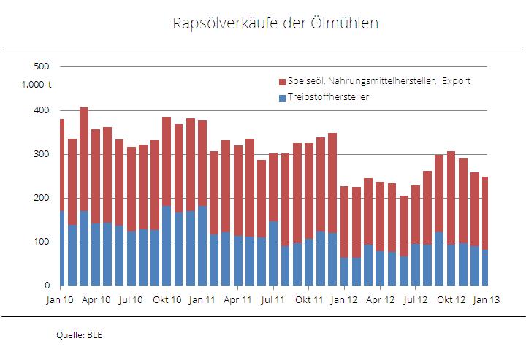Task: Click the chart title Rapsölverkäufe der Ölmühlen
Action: point(275,23)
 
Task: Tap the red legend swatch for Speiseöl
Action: point(282,81)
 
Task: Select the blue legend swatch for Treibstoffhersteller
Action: point(282,97)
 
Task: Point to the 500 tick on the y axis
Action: point(42,66)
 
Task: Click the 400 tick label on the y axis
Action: point(42,110)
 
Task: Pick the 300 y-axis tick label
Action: point(42,154)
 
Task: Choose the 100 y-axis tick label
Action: point(42,242)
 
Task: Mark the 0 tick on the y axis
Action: point(46,286)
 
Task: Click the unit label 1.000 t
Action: point(36,85)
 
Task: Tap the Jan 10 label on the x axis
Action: point(61,299)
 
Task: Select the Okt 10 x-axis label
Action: point(167,299)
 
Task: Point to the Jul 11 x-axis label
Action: point(272,299)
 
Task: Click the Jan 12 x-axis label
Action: point(344,299)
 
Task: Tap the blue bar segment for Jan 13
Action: point(484,267)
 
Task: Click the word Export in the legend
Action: point(456,81)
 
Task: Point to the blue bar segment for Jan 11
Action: point(202,245)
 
